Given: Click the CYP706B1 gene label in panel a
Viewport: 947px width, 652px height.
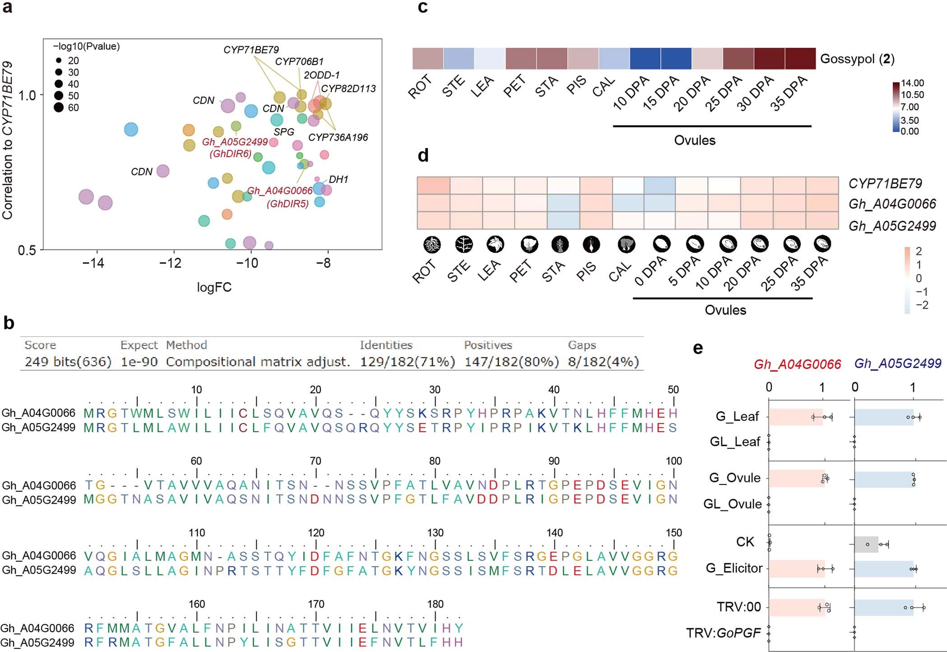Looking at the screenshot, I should (299, 61).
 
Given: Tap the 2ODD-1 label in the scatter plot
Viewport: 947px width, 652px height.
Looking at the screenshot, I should (321, 75).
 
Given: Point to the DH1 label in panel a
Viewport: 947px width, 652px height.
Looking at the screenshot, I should (339, 180).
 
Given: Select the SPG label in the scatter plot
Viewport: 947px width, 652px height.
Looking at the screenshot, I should (284, 132).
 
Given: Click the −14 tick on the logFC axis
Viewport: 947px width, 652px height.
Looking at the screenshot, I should (93, 263).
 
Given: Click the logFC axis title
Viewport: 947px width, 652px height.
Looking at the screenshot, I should (214, 288).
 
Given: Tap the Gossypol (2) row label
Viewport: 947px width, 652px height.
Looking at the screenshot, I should (857, 59).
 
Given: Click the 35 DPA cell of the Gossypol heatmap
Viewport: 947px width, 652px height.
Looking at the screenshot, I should (800, 59).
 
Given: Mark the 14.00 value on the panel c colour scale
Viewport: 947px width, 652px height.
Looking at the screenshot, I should (912, 83).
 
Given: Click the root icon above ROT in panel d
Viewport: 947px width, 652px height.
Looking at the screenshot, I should (432, 245).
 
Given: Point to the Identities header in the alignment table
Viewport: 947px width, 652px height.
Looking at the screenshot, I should (386, 345).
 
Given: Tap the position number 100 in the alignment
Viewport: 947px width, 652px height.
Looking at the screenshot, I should (673, 461).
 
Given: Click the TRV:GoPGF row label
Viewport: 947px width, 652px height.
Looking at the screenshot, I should (724, 633).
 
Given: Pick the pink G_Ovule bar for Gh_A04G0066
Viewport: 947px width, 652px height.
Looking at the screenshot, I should (797, 479).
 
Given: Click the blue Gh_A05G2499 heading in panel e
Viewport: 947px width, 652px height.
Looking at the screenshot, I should (898, 364).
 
